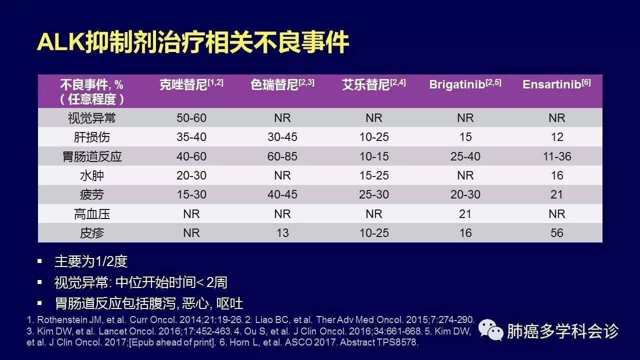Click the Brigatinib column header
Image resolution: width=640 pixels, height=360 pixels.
click(465, 84)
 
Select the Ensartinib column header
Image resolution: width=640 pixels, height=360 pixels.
click(556, 84)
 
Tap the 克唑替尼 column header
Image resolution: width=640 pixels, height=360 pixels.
click(191, 84)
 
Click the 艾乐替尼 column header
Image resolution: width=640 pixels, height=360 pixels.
click(373, 84)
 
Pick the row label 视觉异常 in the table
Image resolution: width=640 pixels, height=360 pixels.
click(91, 118)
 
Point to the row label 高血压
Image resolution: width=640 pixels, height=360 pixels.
click(91, 213)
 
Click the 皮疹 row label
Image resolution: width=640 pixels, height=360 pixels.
click(91, 233)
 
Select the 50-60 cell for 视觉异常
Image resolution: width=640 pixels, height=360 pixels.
click(191, 118)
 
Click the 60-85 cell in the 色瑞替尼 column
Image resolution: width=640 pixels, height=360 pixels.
click(282, 156)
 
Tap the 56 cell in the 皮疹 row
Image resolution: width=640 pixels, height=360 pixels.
click(557, 233)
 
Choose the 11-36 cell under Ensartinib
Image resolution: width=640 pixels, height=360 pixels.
click(557, 156)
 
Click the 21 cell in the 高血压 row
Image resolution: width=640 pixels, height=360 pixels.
click(465, 213)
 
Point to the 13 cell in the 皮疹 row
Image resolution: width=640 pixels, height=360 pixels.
click(282, 233)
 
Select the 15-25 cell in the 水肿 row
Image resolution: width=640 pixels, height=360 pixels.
click(374, 175)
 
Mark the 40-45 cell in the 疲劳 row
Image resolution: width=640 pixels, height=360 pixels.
click(282, 194)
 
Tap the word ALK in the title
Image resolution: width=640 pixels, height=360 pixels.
click(61, 42)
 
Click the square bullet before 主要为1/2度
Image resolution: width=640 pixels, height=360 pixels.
click(39, 261)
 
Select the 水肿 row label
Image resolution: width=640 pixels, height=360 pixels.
click(91, 175)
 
